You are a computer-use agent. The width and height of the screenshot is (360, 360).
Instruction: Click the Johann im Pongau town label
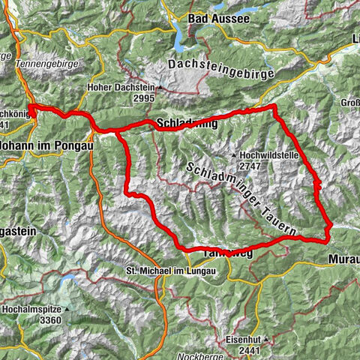pos(46,146)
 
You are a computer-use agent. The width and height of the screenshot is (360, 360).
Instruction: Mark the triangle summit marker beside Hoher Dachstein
pos(159,92)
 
